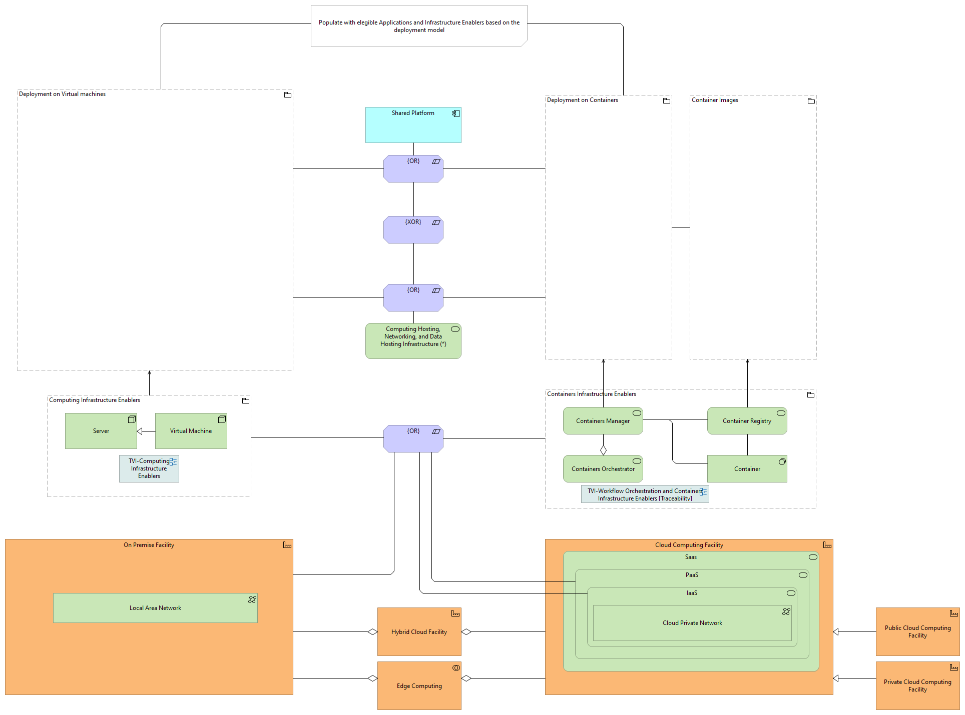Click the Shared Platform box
tap(413, 125)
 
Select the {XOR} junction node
tap(413, 230)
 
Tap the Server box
tap(101, 431)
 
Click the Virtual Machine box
tap(191, 431)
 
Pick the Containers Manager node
tap(603, 421)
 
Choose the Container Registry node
tap(747, 421)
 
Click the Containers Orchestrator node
tap(603, 469)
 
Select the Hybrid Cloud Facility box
tap(419, 632)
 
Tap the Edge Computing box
tap(419, 686)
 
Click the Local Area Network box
tap(155, 608)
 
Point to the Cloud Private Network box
tap(692, 623)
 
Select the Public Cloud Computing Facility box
tap(917, 632)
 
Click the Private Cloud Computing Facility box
tap(917, 686)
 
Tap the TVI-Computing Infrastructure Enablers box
tap(149, 469)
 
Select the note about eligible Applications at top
tap(419, 26)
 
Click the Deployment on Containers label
tap(582, 100)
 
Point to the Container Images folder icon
tap(811, 101)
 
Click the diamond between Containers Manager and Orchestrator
tap(603, 450)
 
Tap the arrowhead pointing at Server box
tap(140, 431)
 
